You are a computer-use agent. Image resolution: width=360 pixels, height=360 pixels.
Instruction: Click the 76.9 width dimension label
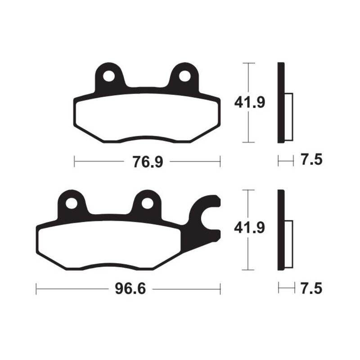tap(147, 161)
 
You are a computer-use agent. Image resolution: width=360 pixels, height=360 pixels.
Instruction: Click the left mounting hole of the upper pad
tap(108, 76)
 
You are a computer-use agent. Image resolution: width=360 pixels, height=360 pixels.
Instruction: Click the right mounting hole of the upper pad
tap(184, 76)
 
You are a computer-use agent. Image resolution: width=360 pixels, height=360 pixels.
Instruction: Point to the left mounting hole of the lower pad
tap(71, 203)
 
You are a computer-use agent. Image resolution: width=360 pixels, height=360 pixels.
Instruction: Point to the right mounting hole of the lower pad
tap(147, 203)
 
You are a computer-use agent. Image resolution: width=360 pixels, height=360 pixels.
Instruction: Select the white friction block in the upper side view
tap(289, 116)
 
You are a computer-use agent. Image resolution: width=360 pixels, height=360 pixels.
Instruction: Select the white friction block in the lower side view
tap(289, 243)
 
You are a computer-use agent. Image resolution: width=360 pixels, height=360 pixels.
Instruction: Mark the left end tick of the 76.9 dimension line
tap(74, 161)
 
